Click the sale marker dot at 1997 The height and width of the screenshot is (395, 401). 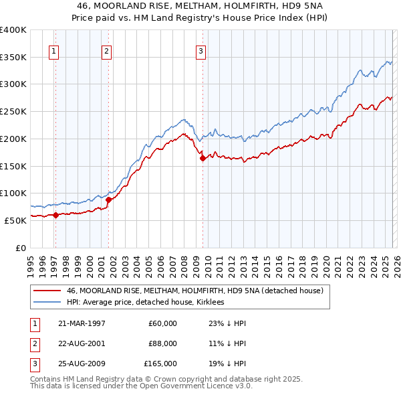point(56,215)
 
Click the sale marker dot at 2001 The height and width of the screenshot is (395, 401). point(108,200)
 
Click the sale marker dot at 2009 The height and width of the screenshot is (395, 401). point(203,158)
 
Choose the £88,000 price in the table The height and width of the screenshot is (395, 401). point(162,343)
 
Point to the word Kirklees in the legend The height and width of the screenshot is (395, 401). point(215,303)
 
